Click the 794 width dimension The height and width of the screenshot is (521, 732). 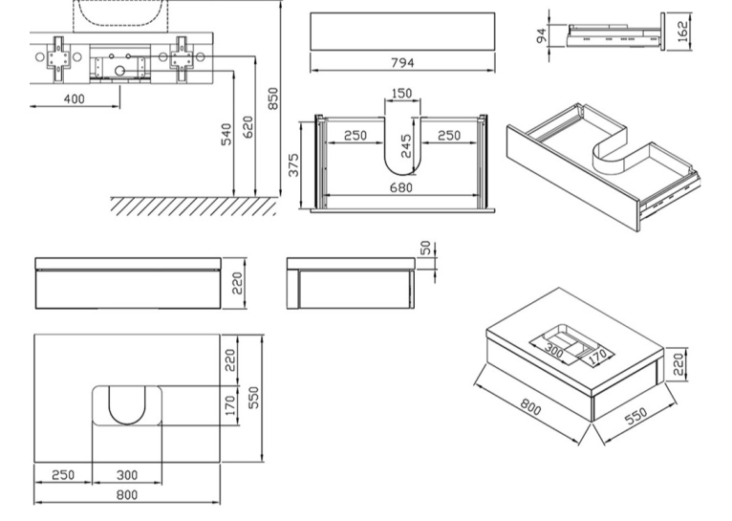(402, 62)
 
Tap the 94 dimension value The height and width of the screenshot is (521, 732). (542, 35)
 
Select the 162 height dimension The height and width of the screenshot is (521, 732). (682, 32)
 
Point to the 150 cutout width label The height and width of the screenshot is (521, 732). (401, 94)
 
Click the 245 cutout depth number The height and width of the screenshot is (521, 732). (406, 146)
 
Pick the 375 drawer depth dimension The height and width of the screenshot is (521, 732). (293, 164)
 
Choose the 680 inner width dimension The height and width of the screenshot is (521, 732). (401, 187)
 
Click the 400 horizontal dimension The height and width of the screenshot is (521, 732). (75, 99)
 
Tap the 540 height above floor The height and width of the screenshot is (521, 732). (226, 135)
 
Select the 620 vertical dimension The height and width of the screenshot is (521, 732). (248, 127)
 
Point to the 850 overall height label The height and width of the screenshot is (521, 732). (273, 98)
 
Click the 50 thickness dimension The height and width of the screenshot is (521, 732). (425, 248)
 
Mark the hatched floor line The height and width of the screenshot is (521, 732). (193, 206)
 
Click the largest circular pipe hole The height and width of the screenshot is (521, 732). (119, 71)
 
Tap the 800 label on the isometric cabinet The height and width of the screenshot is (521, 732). (531, 406)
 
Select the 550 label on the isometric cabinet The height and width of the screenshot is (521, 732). (635, 416)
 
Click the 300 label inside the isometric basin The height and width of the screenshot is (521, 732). (554, 351)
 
